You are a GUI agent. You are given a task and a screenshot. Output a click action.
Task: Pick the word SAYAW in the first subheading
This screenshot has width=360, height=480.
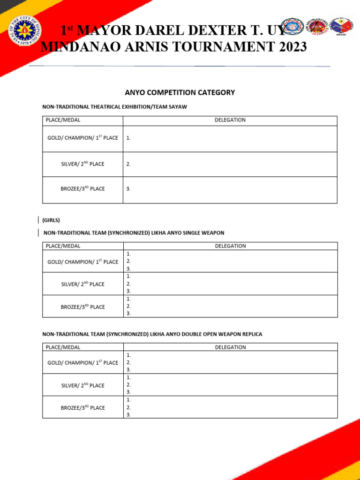(x=178, y=107)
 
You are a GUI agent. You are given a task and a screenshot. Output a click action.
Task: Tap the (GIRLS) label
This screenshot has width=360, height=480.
(x=51, y=220)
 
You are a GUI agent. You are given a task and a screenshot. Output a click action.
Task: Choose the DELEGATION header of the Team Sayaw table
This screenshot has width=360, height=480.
(x=230, y=120)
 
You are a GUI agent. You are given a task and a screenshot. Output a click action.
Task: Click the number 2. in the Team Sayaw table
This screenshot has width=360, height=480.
(x=128, y=164)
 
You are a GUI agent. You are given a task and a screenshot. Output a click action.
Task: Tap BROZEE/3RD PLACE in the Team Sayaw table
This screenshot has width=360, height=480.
(x=82, y=189)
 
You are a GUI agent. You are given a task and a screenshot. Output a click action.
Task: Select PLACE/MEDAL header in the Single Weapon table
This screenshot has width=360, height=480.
(x=63, y=246)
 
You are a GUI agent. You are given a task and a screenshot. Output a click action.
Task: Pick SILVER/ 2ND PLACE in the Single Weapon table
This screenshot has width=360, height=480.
(x=82, y=284)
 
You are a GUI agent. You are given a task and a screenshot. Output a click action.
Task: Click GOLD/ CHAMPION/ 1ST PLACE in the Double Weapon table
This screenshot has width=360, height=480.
(x=82, y=363)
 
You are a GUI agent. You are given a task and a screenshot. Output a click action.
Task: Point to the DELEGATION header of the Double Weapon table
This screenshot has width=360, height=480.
(x=230, y=347)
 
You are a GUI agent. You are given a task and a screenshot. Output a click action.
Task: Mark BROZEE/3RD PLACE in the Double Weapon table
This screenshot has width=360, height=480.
(x=82, y=408)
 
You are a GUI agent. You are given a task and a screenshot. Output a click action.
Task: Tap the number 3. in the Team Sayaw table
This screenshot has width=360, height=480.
(x=128, y=189)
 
